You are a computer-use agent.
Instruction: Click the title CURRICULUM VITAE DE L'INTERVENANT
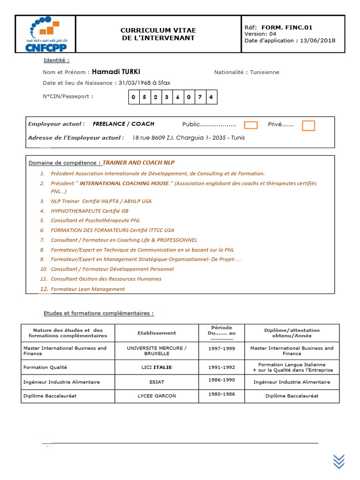[158, 34]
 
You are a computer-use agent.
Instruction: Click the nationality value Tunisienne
[264, 72]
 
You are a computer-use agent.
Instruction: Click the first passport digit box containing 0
[133, 97]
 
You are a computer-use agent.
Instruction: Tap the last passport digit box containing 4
[211, 97]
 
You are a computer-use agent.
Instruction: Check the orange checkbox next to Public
[251, 125]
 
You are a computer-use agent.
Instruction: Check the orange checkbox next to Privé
[308, 125]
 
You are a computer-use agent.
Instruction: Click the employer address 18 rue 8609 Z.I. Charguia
[188, 138]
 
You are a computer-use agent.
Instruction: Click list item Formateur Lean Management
[88, 289]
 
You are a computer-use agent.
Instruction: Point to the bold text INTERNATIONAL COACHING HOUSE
[124, 184]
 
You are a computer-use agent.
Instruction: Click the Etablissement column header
[157, 333]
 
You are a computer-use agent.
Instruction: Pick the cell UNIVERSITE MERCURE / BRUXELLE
[157, 351]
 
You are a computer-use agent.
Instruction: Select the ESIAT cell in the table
[157, 382]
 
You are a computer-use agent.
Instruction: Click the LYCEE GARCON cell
[157, 396]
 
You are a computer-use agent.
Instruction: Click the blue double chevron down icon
[339, 461]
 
